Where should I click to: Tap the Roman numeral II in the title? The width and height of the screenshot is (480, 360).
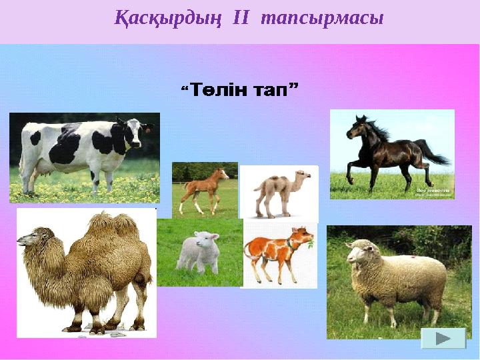tap(239, 19)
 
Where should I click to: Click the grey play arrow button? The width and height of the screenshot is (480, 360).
tap(443, 339)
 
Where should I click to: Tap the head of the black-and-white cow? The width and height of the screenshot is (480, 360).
tap(133, 131)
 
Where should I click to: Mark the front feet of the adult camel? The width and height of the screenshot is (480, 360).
tap(73, 327)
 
